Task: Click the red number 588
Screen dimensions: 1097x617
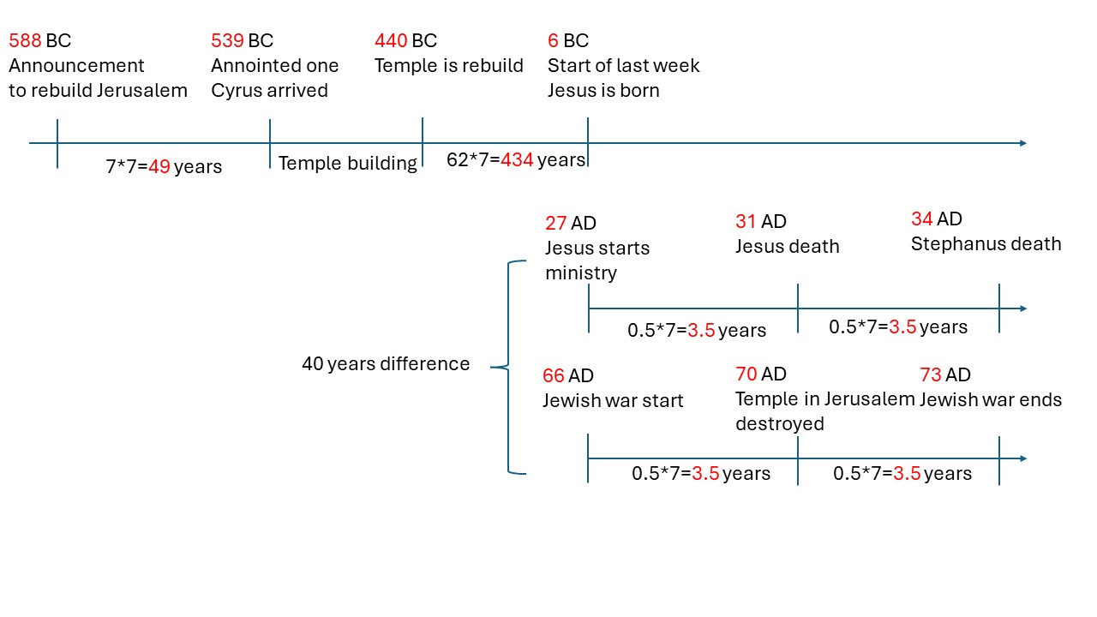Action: pyautogui.click(x=25, y=40)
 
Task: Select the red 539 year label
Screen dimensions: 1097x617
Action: pyautogui.click(x=228, y=40)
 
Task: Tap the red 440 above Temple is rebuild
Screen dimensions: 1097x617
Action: pyautogui.click(x=392, y=40)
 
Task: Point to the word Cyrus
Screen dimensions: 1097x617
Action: pyautogui.click(x=236, y=91)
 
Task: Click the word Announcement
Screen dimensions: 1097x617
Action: pyautogui.click(x=76, y=66)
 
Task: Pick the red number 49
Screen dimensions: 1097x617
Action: pyautogui.click(x=159, y=166)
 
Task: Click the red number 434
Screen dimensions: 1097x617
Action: pyautogui.click(x=517, y=159)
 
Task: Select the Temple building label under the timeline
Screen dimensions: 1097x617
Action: pyautogui.click(x=348, y=163)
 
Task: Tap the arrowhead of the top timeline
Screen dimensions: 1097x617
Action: pyautogui.click(x=1023, y=143)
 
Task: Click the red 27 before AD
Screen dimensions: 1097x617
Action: pyautogui.click(x=556, y=224)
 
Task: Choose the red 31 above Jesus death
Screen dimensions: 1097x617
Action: pyautogui.click(x=746, y=221)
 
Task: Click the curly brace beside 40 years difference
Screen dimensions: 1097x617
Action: pyautogui.click(x=508, y=368)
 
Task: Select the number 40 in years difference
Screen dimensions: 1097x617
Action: pyautogui.click(x=313, y=364)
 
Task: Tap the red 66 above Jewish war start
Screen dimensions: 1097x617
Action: pyautogui.click(x=554, y=375)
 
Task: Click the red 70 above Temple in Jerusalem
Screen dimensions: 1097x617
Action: pyautogui.click(x=746, y=374)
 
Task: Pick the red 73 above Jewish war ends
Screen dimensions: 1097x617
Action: pyautogui.click(x=931, y=375)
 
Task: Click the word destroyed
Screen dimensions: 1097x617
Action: pyautogui.click(x=780, y=424)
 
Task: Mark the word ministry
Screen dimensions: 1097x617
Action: pyautogui.click(x=581, y=273)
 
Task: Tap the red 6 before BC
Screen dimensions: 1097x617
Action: pyautogui.click(x=553, y=40)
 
